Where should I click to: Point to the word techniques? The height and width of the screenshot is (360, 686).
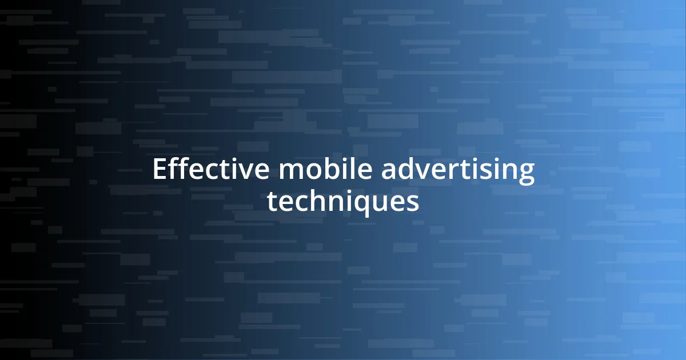[343, 202]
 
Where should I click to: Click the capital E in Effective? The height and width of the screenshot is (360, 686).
[158, 170]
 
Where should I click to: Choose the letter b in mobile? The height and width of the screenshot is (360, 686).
[325, 170]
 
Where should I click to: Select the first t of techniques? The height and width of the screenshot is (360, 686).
[273, 202]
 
